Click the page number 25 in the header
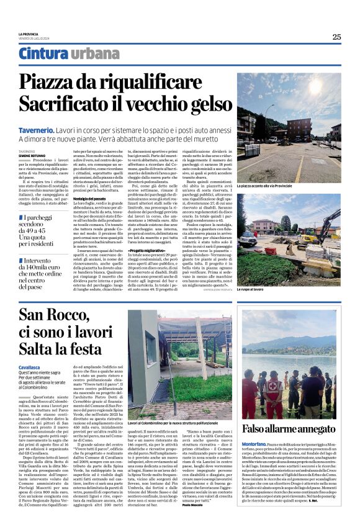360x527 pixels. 336,37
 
